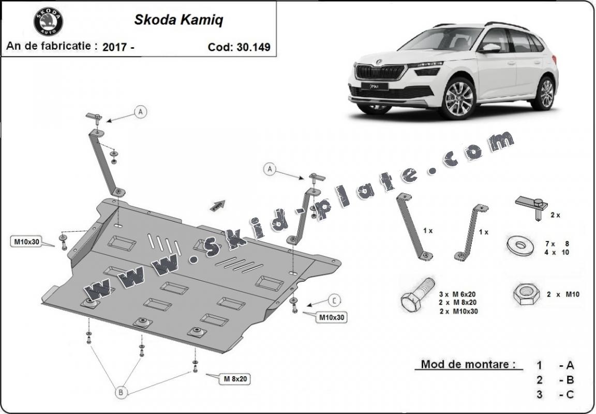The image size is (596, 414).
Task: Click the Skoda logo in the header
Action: pyautogui.click(x=48, y=22)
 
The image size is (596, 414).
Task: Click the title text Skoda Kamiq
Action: pyautogui.click(x=178, y=20)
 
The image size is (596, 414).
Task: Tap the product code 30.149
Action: pyautogui.click(x=254, y=47)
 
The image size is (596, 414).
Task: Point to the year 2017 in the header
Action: pyautogui.click(x=115, y=47)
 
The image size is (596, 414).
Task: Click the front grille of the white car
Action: pyautogui.click(x=380, y=72)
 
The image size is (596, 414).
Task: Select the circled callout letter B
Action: pyautogui.click(x=121, y=392)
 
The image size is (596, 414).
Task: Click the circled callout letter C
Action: pyautogui.click(x=334, y=301)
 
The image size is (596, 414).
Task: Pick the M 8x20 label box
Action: pyautogui.click(x=235, y=379)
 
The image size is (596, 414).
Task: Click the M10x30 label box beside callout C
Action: pyautogui.click(x=331, y=317)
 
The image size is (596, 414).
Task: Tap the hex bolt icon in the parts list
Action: pyautogui.click(x=418, y=294)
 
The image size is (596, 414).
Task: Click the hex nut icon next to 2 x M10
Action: pyautogui.click(x=527, y=294)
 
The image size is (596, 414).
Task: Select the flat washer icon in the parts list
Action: pyautogui.click(x=520, y=246)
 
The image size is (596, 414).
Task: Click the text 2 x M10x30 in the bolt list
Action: pyautogui.click(x=459, y=311)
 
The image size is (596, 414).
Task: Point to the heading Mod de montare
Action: pyautogui.click(x=468, y=364)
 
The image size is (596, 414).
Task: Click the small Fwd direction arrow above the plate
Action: pyautogui.click(x=217, y=206)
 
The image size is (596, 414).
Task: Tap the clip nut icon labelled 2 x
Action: pyautogui.click(x=532, y=207)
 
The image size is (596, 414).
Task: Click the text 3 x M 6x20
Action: pyautogui.click(x=457, y=294)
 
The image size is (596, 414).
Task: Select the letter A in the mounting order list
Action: pyautogui.click(x=570, y=365)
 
